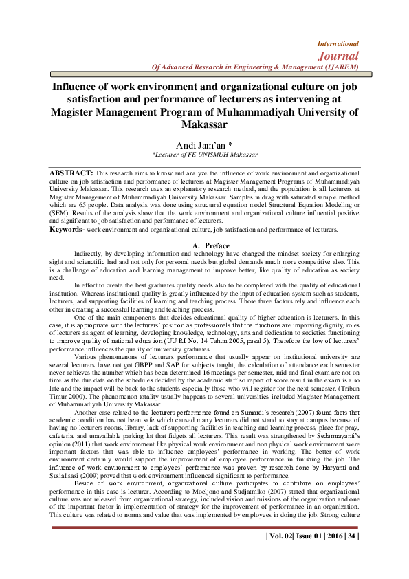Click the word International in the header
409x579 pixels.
(x=335, y=43)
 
